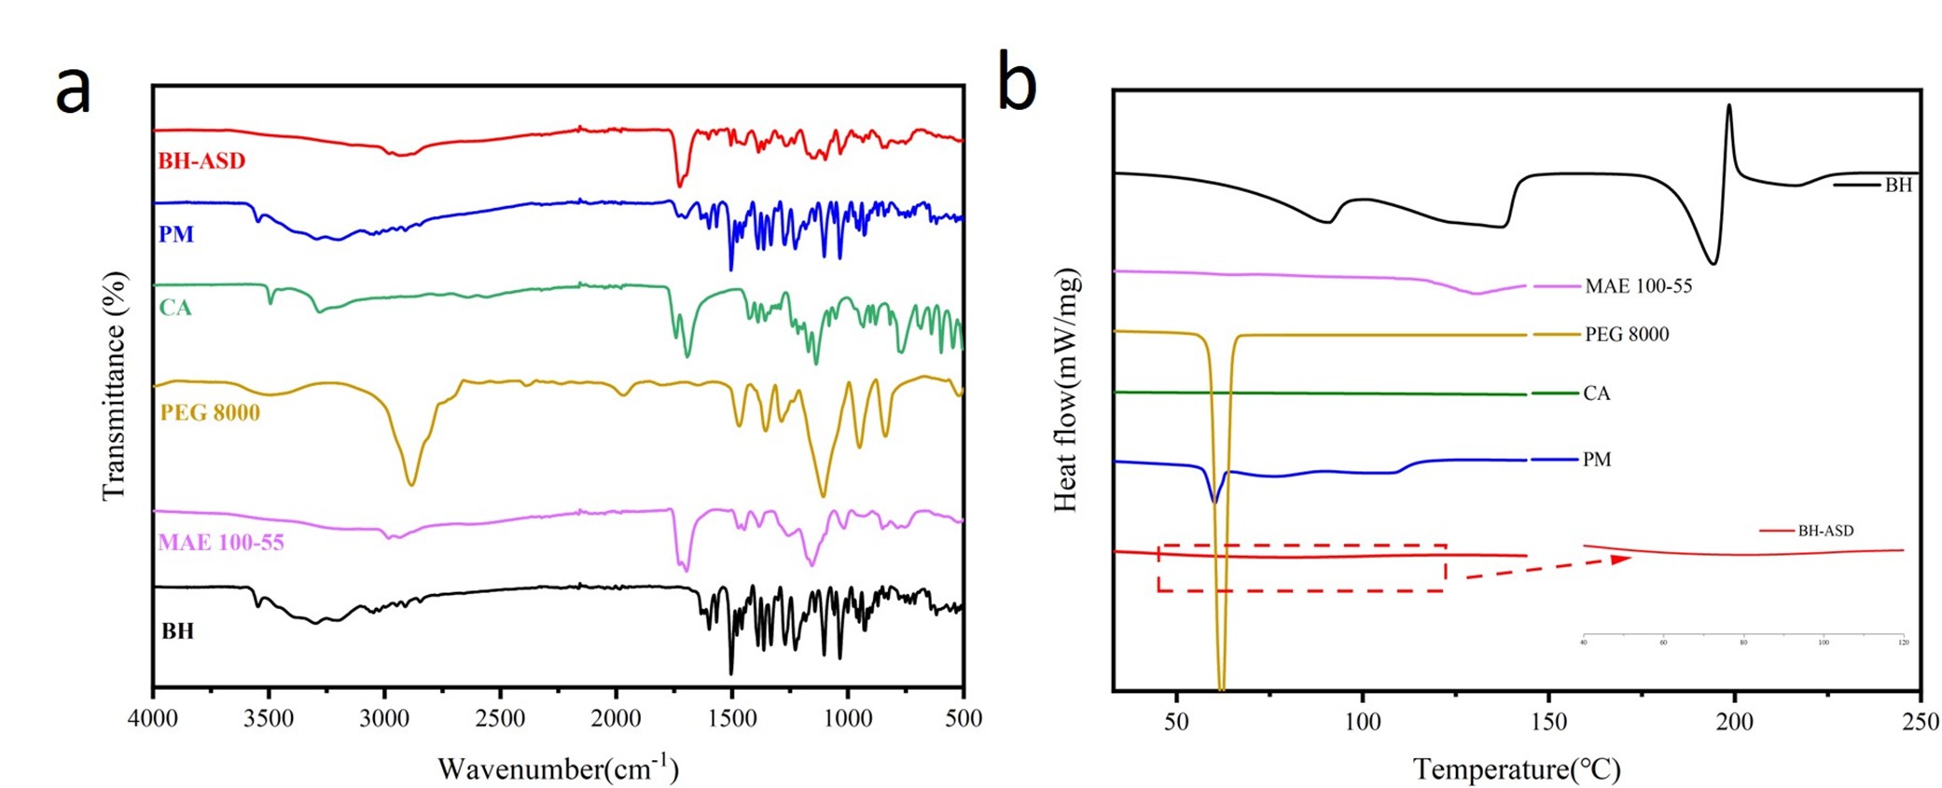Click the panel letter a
point(74,90)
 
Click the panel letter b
point(1017,81)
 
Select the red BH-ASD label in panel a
point(201,160)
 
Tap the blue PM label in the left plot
point(176,234)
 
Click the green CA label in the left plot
point(175,308)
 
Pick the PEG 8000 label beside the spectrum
point(210,412)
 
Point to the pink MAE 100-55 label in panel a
point(221,542)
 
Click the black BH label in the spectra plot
point(177,631)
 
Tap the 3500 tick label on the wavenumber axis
point(269,719)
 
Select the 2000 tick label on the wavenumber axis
point(616,719)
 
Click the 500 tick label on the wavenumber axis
point(964,719)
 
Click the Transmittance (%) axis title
point(114,386)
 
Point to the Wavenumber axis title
point(558,768)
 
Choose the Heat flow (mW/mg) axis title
point(1065,390)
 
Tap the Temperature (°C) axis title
point(1517,769)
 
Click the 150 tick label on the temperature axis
point(1548,722)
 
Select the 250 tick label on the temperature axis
point(1920,722)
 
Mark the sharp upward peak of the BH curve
point(1729,106)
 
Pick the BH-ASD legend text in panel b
point(1825,531)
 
